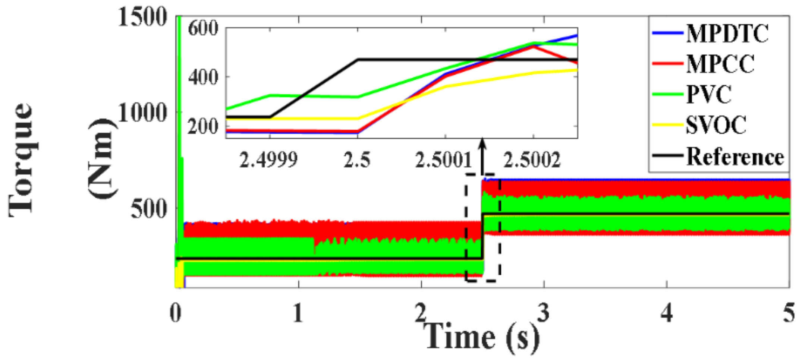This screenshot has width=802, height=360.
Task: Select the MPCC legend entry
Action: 720,64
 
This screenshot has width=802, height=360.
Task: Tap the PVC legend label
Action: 708,95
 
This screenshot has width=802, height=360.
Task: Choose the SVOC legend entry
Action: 716,125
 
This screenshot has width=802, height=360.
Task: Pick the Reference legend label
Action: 735,157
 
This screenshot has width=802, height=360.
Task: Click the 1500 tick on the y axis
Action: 142,17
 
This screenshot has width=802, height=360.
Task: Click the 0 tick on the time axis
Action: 175,313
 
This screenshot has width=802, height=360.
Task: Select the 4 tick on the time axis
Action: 667,313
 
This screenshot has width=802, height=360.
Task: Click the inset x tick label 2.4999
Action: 268,161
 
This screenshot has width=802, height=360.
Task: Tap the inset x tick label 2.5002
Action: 532,161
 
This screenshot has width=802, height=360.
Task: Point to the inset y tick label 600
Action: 203,28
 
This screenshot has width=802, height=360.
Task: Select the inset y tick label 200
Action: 203,127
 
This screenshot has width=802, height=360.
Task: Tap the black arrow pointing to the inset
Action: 482,157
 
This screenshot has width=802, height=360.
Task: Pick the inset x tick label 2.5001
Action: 444,161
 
